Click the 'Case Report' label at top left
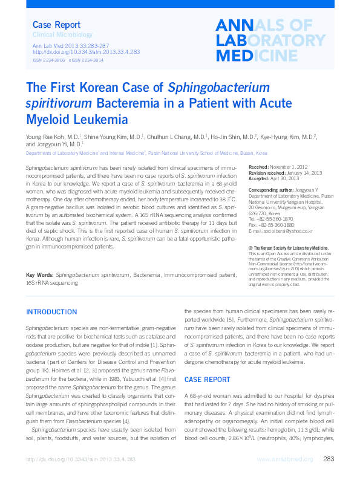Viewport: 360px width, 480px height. [56, 25]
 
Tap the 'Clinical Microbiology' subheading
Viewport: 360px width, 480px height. [62, 36]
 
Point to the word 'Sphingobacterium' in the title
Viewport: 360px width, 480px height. [218, 88]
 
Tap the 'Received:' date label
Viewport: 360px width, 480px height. [258, 166]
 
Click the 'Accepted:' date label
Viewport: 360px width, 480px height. [259, 179]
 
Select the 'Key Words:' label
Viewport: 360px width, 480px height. [39, 275]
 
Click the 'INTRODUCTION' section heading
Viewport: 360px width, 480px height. [51, 312]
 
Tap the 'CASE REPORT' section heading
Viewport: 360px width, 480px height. [207, 379]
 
